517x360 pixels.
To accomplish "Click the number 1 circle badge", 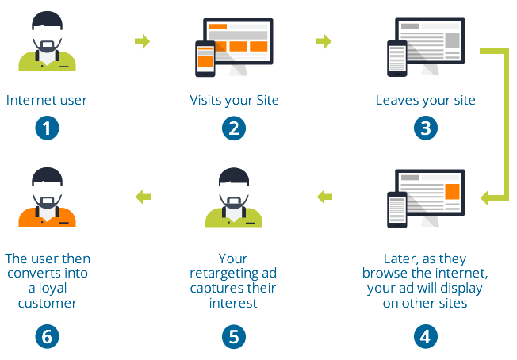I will click(47, 128).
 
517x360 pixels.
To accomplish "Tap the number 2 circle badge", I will click(233, 128).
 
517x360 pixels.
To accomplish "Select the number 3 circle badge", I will click(425, 128).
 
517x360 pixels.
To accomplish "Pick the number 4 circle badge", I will click(425, 335).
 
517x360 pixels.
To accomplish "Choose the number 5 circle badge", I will click(233, 335).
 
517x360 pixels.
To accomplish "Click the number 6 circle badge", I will click(47, 335).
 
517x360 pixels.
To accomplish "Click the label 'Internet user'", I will click(47, 101).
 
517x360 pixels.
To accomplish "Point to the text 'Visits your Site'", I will click(234, 101).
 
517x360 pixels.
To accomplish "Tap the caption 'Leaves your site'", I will click(425, 101).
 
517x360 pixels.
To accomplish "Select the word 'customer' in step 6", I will click(47, 303).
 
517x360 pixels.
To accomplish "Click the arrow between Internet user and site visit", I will click(142, 41).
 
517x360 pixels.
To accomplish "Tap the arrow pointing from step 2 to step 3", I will click(324, 41).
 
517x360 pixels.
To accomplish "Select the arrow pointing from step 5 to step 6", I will click(142, 196).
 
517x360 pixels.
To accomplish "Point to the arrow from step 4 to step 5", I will click(324, 196).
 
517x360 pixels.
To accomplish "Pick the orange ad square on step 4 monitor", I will click(453, 192).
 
